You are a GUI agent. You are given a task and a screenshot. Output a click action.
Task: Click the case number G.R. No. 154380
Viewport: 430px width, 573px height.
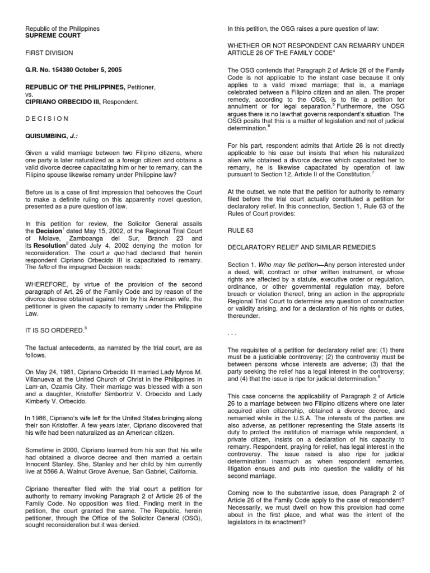[x=50, y=69]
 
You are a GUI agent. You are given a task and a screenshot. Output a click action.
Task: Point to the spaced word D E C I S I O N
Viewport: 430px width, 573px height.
[x=47, y=119]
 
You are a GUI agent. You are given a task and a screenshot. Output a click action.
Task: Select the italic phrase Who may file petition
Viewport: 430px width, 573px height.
[x=285, y=264]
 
